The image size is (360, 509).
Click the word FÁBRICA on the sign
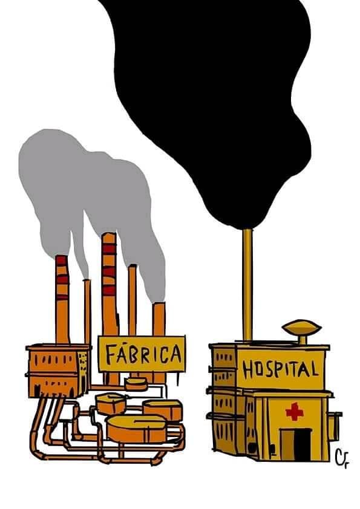pos(143,354)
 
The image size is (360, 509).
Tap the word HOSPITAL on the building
pos(280,369)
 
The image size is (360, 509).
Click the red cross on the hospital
pos(295,411)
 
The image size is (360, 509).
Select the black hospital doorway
pos(302,444)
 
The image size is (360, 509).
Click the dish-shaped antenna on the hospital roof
pos(301,329)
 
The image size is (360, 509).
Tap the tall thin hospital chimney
pos(247,285)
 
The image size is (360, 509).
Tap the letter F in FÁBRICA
pos(111,354)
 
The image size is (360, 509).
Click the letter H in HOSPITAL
pos(248,370)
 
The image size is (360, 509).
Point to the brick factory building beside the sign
pos(58,371)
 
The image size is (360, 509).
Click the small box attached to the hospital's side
pos(335,427)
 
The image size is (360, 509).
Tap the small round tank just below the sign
pos(136,384)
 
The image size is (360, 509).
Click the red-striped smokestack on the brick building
pos(62,299)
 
